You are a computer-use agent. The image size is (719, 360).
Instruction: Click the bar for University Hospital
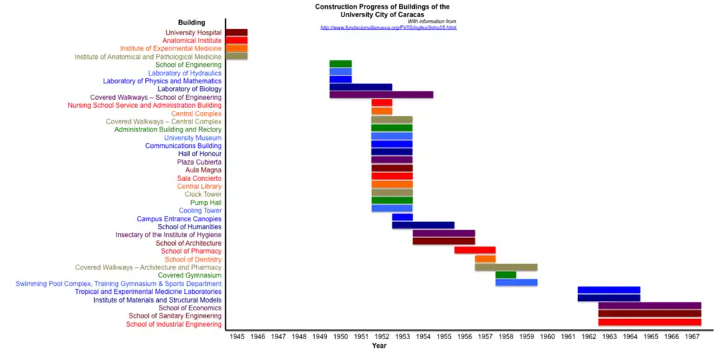pos(237,32)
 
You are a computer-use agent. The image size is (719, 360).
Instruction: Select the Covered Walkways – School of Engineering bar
pos(381,94)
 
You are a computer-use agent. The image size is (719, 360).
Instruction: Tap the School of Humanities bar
pos(423,225)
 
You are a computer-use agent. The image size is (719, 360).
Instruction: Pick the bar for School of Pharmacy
pos(475,250)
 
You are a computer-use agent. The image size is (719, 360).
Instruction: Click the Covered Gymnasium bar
pos(505,274)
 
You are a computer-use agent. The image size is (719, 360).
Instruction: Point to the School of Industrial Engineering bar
pos(649,323)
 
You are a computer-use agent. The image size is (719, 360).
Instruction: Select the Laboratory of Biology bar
pos(361,87)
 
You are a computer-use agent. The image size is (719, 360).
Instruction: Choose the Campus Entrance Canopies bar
pos(402,217)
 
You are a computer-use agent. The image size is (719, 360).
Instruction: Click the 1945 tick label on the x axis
pos(237,336)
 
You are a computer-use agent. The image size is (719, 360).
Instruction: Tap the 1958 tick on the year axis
pos(506,336)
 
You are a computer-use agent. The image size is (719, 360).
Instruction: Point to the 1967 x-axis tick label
pos(692,336)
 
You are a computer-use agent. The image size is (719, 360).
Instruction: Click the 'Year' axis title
pos(380,346)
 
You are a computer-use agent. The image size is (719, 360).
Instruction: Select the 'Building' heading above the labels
pos(192,23)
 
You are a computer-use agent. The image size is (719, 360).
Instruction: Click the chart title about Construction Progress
pos(382,10)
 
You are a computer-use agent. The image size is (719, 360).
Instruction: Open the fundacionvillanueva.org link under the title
pos(388,27)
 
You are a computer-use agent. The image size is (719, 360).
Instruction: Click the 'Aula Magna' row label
pos(203,170)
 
